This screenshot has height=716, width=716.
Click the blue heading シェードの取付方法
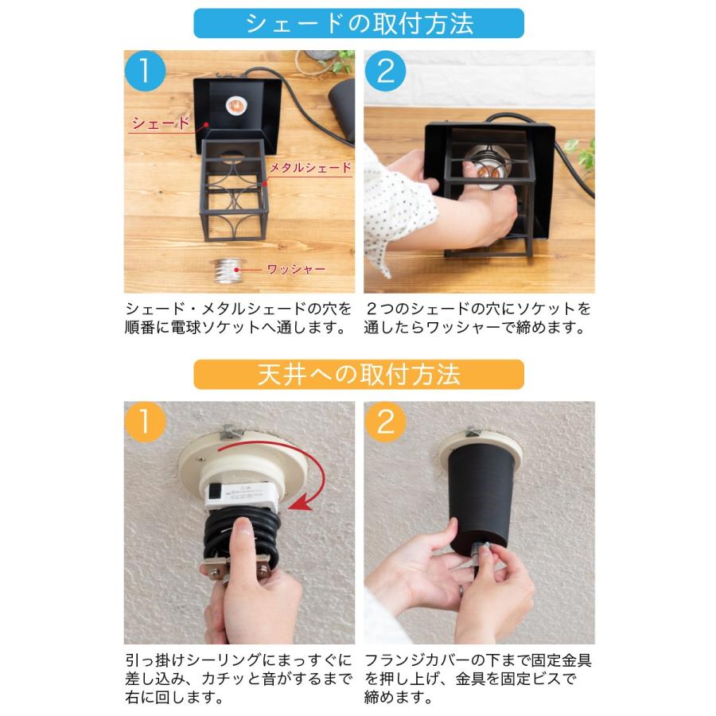tap(359, 23)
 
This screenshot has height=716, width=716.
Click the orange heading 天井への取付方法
tap(359, 375)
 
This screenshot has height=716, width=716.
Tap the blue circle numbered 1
tap(144, 71)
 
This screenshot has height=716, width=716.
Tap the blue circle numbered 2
tap(385, 71)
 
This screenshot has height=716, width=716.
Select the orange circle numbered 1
tap(144, 422)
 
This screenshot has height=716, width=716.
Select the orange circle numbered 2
tap(385, 422)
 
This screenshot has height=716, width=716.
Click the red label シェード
tap(160, 123)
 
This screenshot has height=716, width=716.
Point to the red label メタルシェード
tap(310, 167)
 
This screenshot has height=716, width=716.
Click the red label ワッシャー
tap(296, 269)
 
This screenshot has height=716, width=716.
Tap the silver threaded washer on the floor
tap(228, 270)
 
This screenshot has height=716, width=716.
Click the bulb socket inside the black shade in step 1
tap(237, 106)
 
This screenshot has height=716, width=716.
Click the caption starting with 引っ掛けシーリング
tap(239, 679)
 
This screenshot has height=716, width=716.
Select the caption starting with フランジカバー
tap(478, 679)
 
